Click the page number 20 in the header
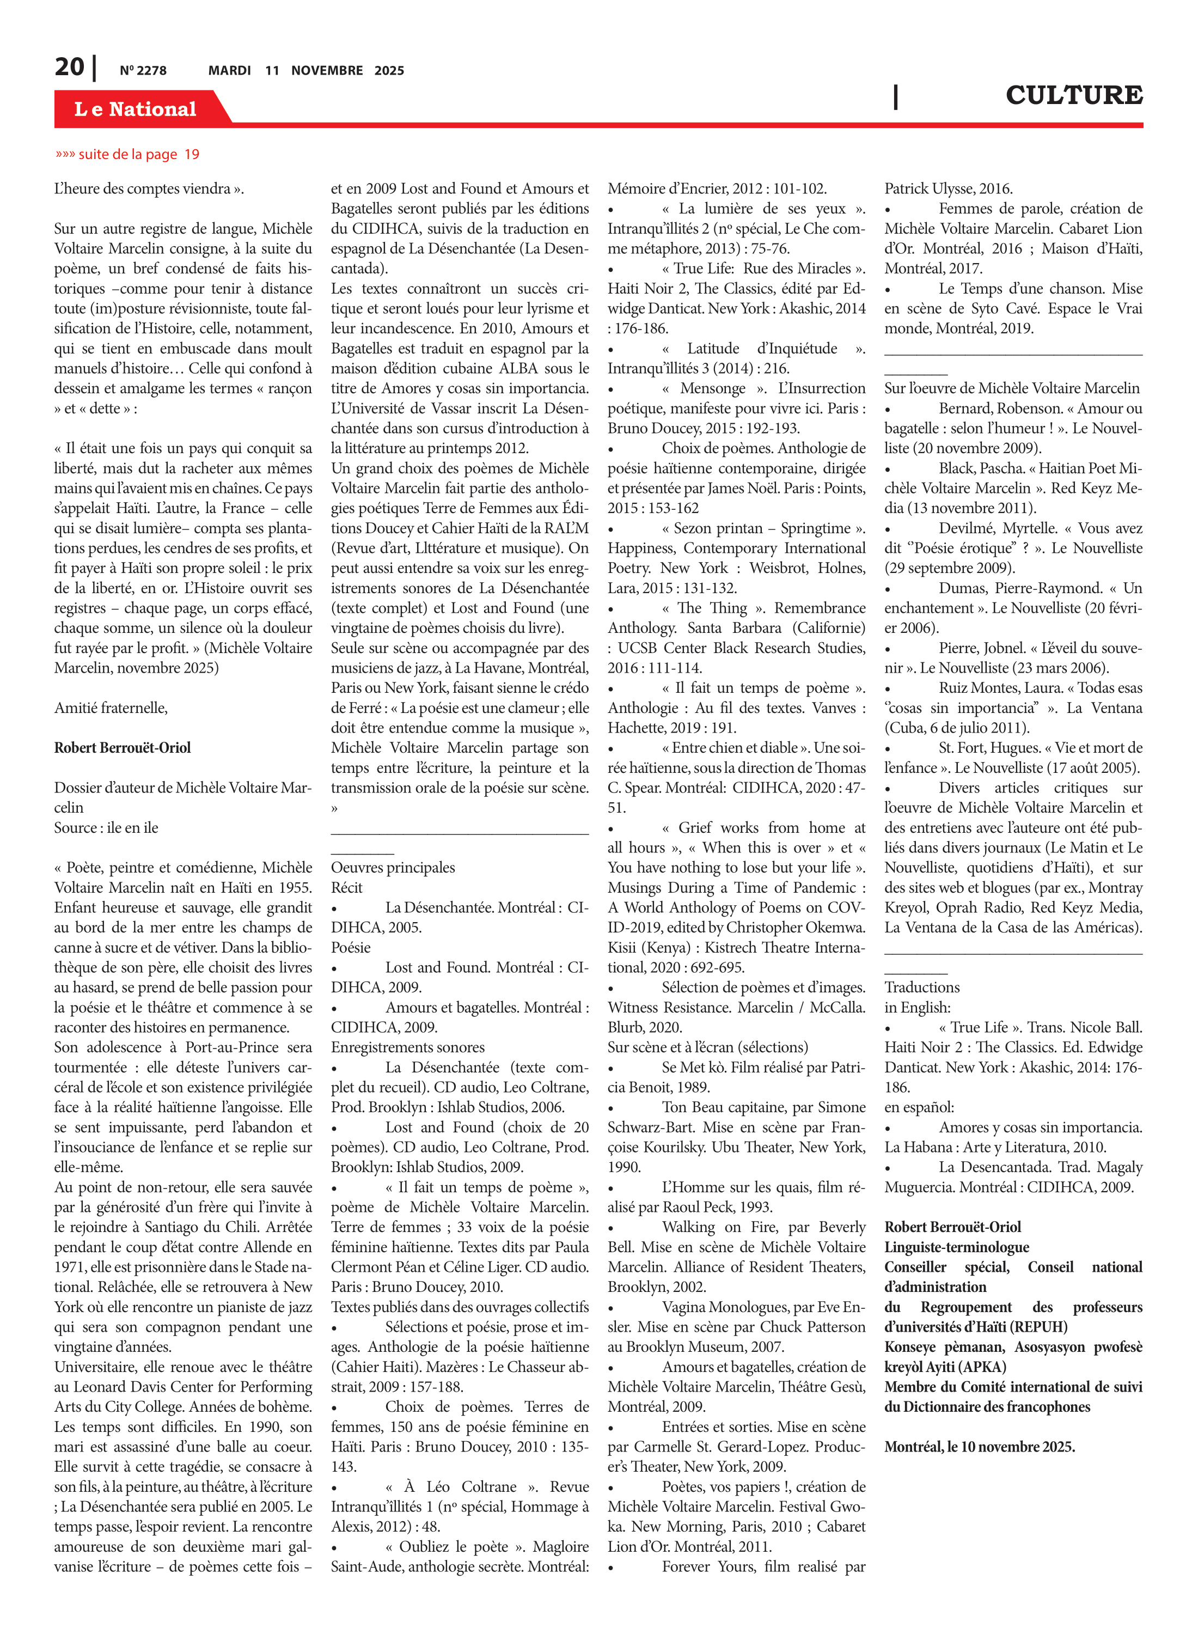tap(69, 68)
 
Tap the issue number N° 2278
tap(143, 71)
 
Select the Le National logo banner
tap(136, 109)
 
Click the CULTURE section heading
tap(1073, 95)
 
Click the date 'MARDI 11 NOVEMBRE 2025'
tap(306, 71)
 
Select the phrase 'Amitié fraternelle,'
tap(111, 708)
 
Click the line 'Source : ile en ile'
tap(106, 827)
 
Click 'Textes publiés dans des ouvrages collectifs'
tap(460, 1307)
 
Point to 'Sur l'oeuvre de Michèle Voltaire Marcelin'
tap(1012, 388)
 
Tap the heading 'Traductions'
tap(922, 987)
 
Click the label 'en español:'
tap(919, 1107)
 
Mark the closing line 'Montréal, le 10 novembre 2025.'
tap(979, 1446)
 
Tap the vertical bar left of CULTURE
tap(896, 96)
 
